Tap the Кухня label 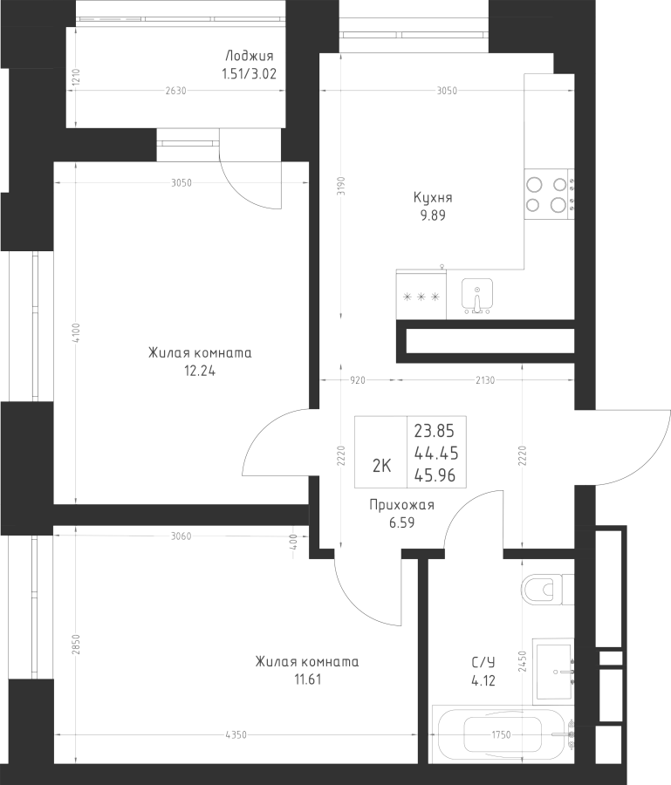point(433,198)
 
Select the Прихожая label point(401,505)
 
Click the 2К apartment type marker point(381,465)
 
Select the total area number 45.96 point(435,475)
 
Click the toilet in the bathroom point(546,590)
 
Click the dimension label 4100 point(77,333)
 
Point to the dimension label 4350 point(234,735)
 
